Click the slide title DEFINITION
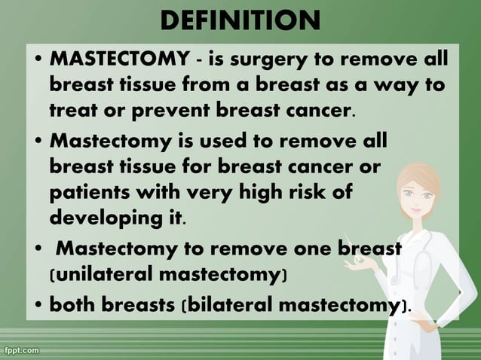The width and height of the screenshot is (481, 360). pos(240,20)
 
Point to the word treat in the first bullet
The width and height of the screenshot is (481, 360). pos(75,112)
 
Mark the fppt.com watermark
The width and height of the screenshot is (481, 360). pos(20,351)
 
